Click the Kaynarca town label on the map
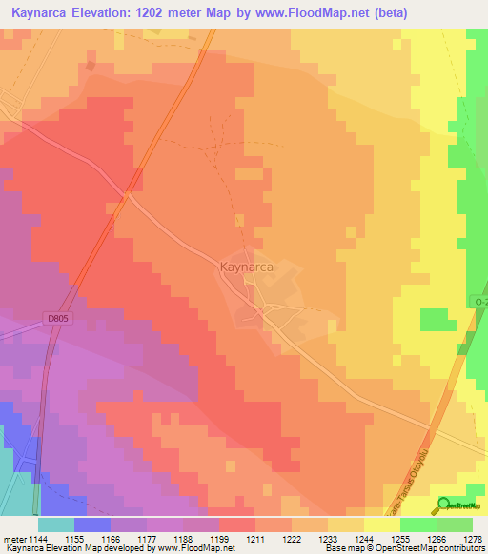tap(247, 268)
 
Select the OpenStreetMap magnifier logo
tap(444, 504)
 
